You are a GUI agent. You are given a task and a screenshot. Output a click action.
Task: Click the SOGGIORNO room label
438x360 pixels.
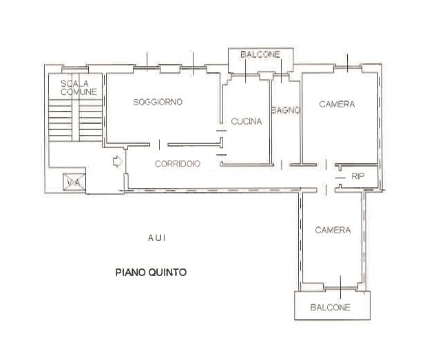158,102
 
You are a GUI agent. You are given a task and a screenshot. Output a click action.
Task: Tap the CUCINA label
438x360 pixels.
246,122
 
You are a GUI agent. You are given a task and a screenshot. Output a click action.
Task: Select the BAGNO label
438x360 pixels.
284,110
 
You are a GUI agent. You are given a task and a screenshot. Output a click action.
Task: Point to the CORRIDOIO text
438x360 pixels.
178,164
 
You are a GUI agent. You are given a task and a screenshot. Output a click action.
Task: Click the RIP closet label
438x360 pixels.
358,176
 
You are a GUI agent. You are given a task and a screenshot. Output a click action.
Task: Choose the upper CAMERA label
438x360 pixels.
337,105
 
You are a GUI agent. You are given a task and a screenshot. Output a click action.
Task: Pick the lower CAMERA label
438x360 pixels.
333,230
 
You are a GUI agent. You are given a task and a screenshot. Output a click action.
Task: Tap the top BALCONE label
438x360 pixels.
260,54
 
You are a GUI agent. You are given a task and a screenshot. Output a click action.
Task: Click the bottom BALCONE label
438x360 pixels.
330,307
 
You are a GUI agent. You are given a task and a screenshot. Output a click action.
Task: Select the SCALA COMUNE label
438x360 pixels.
78,87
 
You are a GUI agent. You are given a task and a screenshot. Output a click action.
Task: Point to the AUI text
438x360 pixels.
156,237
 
